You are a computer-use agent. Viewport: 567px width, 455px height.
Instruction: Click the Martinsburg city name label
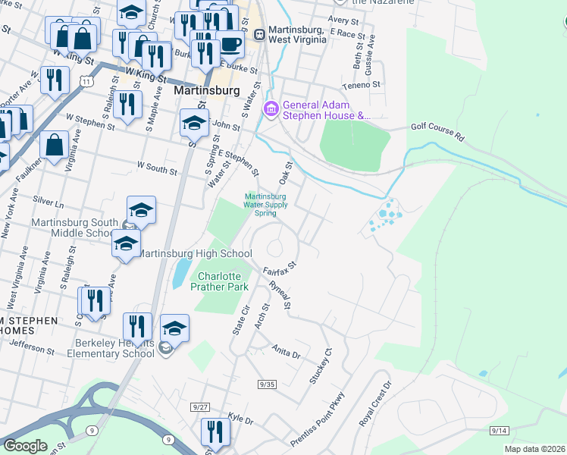(x=206, y=90)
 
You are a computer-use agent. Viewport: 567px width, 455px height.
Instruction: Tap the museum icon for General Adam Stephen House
(x=271, y=111)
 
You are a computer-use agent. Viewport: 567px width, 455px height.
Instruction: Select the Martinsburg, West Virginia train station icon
(x=259, y=34)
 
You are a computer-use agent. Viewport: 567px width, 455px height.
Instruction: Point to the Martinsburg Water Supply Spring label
(x=265, y=204)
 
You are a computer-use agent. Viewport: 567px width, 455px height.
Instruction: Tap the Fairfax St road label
(x=278, y=267)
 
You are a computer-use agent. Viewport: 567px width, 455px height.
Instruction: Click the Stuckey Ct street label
(x=321, y=366)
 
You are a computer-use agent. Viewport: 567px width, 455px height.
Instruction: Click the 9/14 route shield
(x=499, y=430)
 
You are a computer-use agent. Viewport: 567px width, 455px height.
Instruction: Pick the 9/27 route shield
(x=201, y=407)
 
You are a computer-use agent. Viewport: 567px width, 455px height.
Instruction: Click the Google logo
(x=25, y=446)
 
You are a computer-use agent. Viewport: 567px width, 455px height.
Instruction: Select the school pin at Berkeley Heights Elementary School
(x=174, y=328)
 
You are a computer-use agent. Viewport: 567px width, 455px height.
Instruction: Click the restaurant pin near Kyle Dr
(x=215, y=431)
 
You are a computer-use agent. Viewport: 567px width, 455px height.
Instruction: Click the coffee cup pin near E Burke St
(x=230, y=44)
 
